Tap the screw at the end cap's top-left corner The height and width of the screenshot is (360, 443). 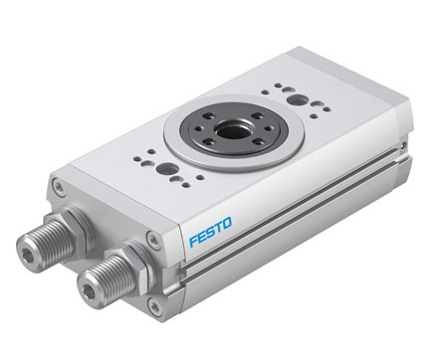(x=61, y=186)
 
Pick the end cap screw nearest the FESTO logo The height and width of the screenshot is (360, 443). (x=152, y=239)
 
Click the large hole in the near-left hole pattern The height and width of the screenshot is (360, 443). (x=163, y=169)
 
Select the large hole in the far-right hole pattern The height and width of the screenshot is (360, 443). (x=296, y=99)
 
